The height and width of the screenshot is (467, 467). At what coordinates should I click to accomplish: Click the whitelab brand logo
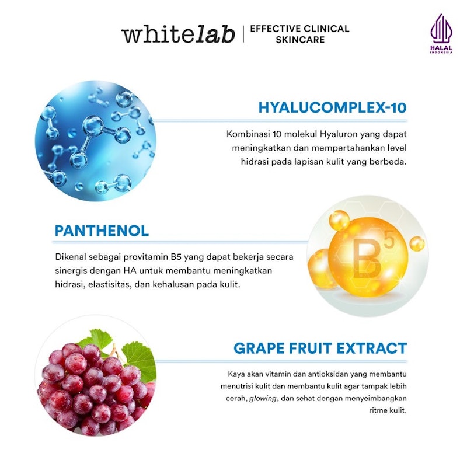(178, 33)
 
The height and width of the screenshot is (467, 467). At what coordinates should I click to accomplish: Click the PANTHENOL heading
(102, 230)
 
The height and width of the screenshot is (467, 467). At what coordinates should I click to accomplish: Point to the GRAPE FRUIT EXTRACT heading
(320, 348)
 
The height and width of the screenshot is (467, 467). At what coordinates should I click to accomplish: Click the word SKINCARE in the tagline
(299, 40)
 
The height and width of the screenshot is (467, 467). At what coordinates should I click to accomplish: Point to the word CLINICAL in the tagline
(326, 28)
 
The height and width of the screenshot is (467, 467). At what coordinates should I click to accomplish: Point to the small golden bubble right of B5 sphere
(416, 243)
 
